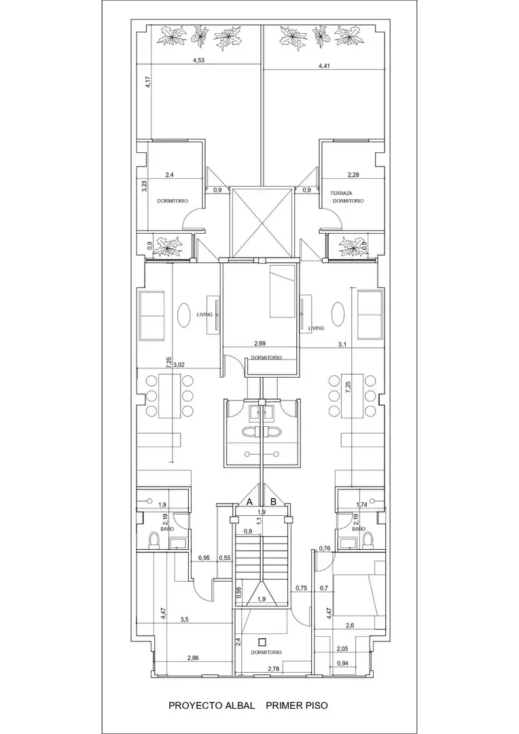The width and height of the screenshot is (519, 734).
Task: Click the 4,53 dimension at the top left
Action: (199, 60)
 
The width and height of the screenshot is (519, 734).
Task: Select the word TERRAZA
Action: (341, 193)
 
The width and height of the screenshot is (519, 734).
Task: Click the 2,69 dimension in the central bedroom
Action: (259, 344)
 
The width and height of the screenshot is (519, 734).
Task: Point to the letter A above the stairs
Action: (250, 502)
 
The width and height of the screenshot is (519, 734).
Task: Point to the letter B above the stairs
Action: (274, 502)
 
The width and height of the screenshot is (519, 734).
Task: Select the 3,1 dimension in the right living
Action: (342, 345)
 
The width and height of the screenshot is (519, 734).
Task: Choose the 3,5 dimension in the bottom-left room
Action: (184, 619)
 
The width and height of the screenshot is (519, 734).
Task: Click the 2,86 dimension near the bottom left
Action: (193, 658)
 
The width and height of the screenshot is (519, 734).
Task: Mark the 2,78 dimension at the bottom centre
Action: (274, 669)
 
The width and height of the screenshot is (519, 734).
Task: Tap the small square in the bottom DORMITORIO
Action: (262, 642)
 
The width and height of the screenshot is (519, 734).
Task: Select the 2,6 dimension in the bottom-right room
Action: (350, 625)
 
